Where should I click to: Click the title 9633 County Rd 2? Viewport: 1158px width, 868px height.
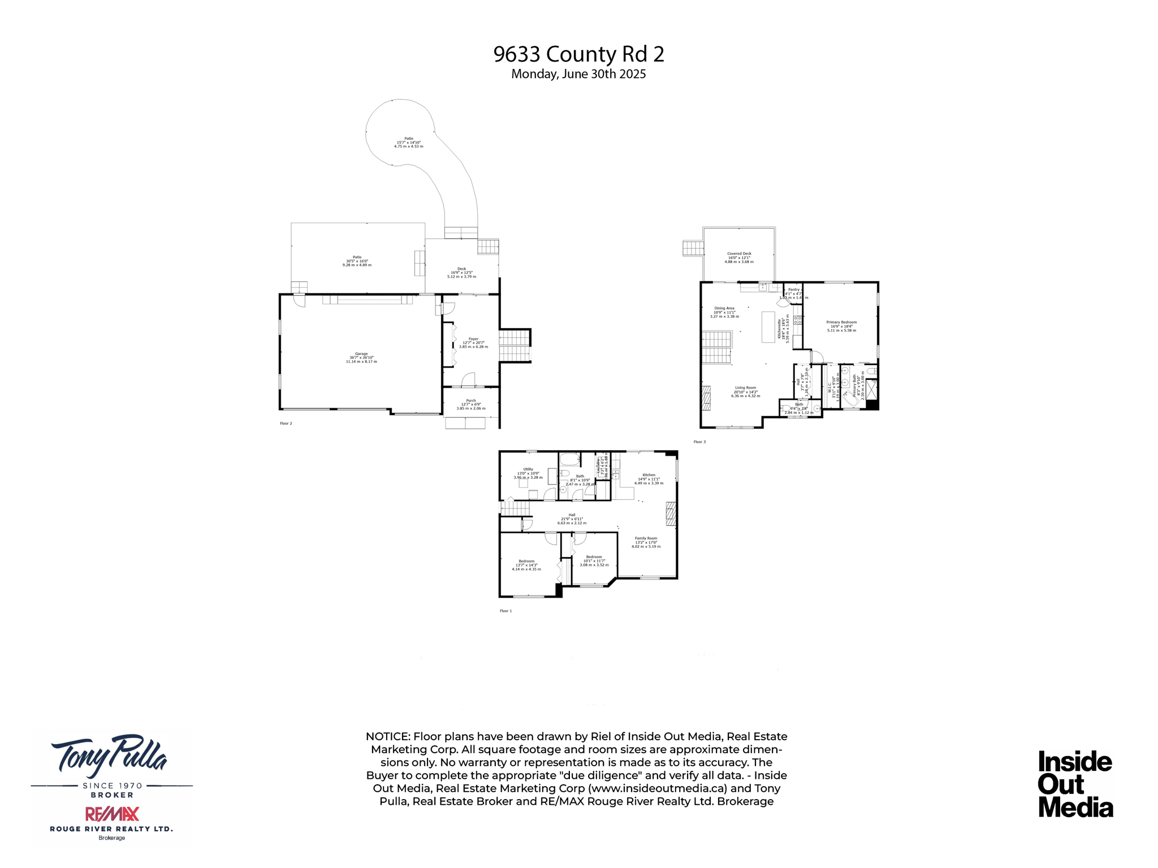point(578,54)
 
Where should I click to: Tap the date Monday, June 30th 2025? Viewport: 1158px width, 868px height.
point(578,74)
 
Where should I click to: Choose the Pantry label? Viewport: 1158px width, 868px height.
point(794,290)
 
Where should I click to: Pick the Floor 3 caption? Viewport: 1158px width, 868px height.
point(699,442)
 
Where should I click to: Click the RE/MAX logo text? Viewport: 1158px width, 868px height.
point(112,814)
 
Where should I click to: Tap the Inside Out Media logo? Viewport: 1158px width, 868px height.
point(1075,784)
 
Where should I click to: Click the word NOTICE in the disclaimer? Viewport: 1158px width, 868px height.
point(387,736)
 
